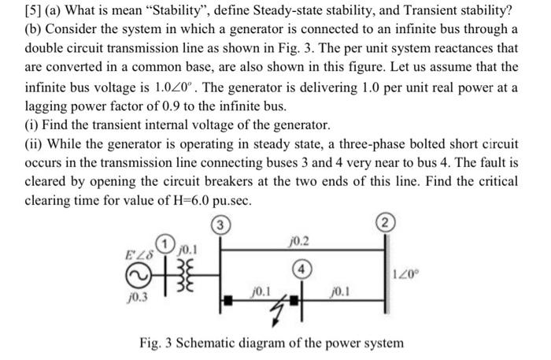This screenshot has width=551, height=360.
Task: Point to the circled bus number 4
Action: (x=301, y=268)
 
